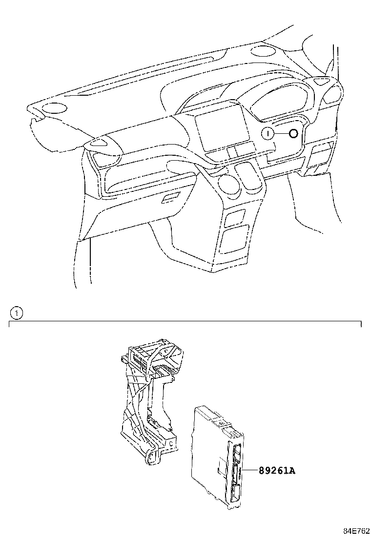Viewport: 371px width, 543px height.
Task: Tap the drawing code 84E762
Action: pos(356,531)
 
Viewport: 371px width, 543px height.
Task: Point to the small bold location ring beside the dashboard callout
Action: pos(293,134)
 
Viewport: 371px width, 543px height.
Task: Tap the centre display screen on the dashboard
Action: pos(222,127)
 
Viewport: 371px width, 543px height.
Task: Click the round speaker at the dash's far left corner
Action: pos(55,108)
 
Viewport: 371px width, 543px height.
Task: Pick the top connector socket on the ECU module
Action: pos(237,452)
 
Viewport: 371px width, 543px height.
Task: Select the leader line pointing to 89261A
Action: pos(249,470)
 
